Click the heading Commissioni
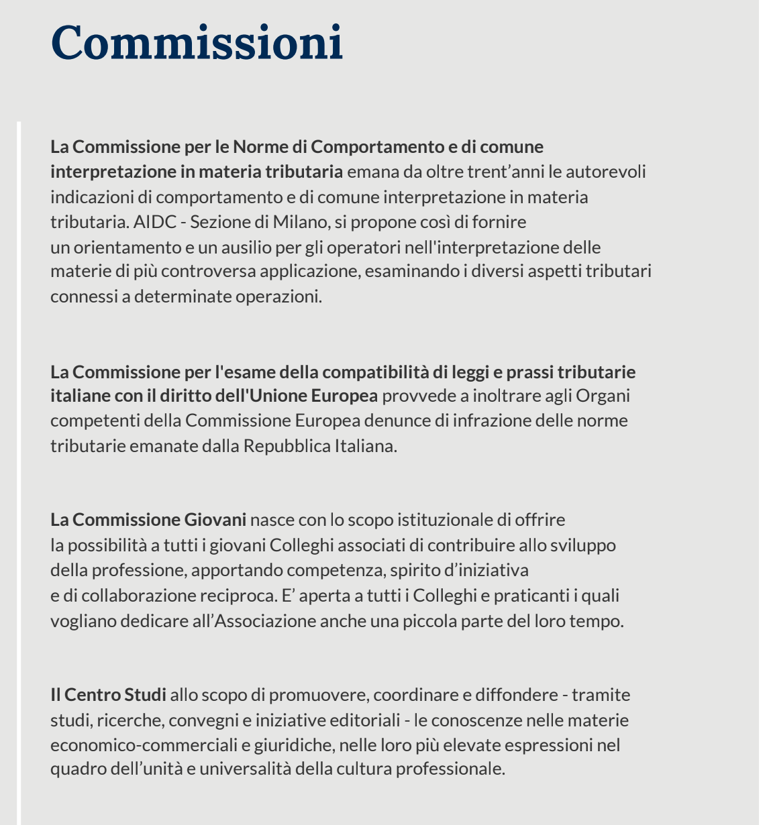pos(197,43)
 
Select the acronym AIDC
pos(154,221)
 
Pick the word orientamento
pos(127,247)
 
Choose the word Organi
pos(603,396)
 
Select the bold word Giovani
pos(215,520)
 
